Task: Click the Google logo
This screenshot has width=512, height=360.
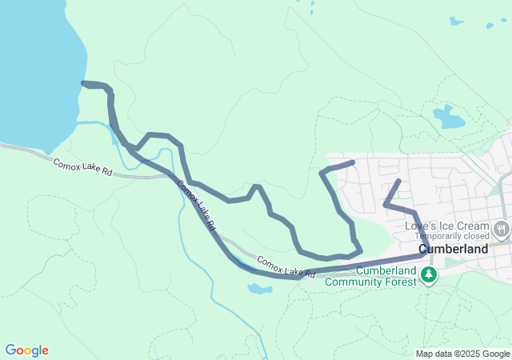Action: tap(27, 350)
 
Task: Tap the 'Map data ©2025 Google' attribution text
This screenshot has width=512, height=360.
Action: tap(462, 354)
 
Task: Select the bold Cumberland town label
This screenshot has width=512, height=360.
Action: tap(453, 249)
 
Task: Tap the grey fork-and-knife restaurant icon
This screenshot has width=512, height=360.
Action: tap(502, 230)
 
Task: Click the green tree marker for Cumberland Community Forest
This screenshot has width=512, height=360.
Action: tap(430, 276)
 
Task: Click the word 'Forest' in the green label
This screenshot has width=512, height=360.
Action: tap(401, 282)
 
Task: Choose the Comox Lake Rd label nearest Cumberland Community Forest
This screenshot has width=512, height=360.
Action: tap(286, 267)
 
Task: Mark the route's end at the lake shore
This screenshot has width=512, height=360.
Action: tap(84, 82)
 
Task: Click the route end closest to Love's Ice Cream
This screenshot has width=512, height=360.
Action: tap(398, 181)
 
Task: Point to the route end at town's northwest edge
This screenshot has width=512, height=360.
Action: tap(352, 162)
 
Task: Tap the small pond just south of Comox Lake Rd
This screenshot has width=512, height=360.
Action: tap(259, 288)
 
